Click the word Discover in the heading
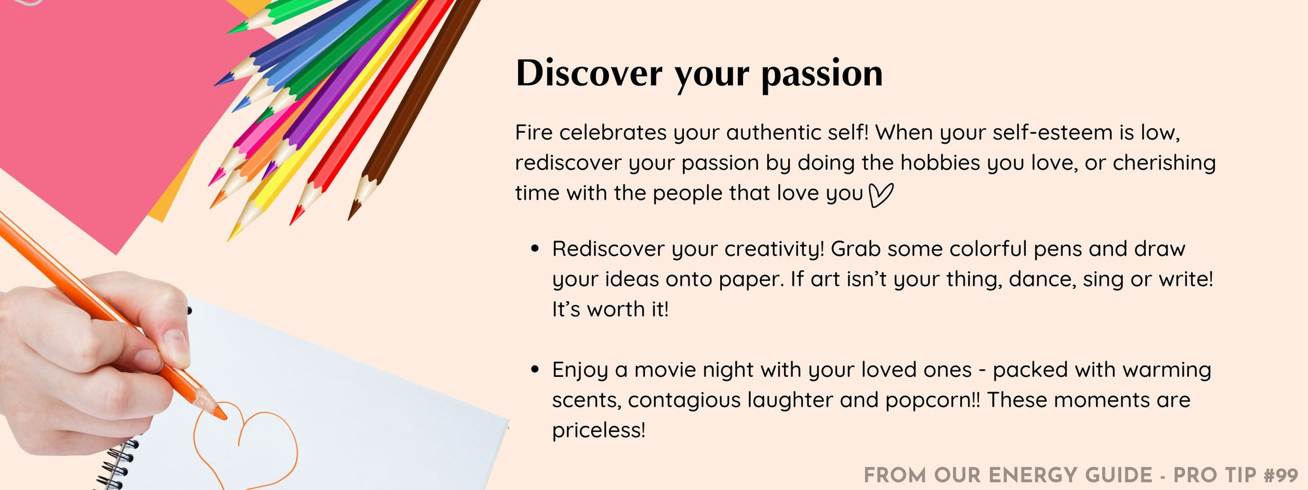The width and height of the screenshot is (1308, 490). click(589, 73)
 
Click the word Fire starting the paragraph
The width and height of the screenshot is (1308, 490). click(534, 133)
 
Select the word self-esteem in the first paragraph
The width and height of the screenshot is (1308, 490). click(1052, 133)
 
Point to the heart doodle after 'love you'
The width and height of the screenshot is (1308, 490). click(881, 195)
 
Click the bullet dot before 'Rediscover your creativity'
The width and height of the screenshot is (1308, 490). click(535, 249)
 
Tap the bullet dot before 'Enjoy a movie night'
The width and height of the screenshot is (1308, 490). click(535, 370)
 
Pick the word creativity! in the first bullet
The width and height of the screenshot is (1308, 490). click(774, 250)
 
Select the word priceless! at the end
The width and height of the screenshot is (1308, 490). click(598, 431)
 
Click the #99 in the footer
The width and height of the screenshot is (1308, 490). click(1281, 475)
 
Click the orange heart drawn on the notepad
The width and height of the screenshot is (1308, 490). click(245, 444)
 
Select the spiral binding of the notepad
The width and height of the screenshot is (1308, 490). click(118, 464)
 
